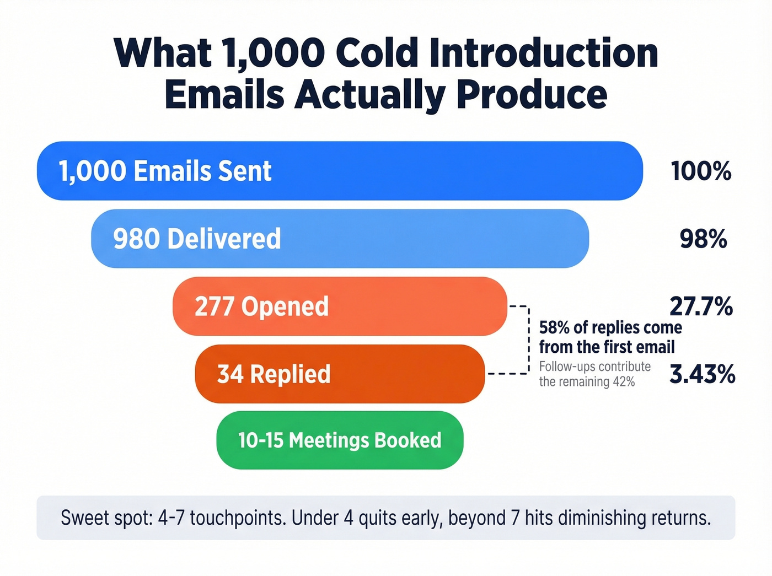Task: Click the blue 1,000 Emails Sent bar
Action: coord(340,171)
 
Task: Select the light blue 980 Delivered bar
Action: coord(340,239)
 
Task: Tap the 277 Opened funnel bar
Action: coord(340,306)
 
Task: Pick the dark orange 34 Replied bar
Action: coord(340,374)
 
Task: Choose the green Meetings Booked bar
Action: coord(340,440)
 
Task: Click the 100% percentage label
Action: coord(701,171)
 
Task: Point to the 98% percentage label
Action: coord(703,239)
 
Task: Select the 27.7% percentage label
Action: coord(701,306)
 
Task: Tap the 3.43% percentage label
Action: coord(702,374)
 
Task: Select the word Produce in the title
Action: coord(532,95)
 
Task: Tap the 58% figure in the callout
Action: coord(554,328)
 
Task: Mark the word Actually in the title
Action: coord(369,95)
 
